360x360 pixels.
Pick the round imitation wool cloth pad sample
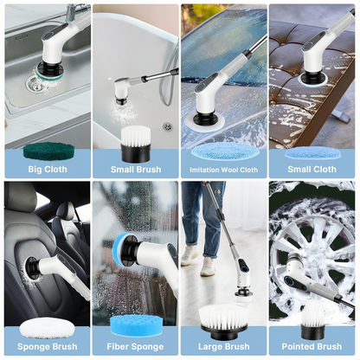[223, 151]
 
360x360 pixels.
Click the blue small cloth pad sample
[312, 152]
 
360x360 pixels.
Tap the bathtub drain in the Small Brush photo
[167, 126]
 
